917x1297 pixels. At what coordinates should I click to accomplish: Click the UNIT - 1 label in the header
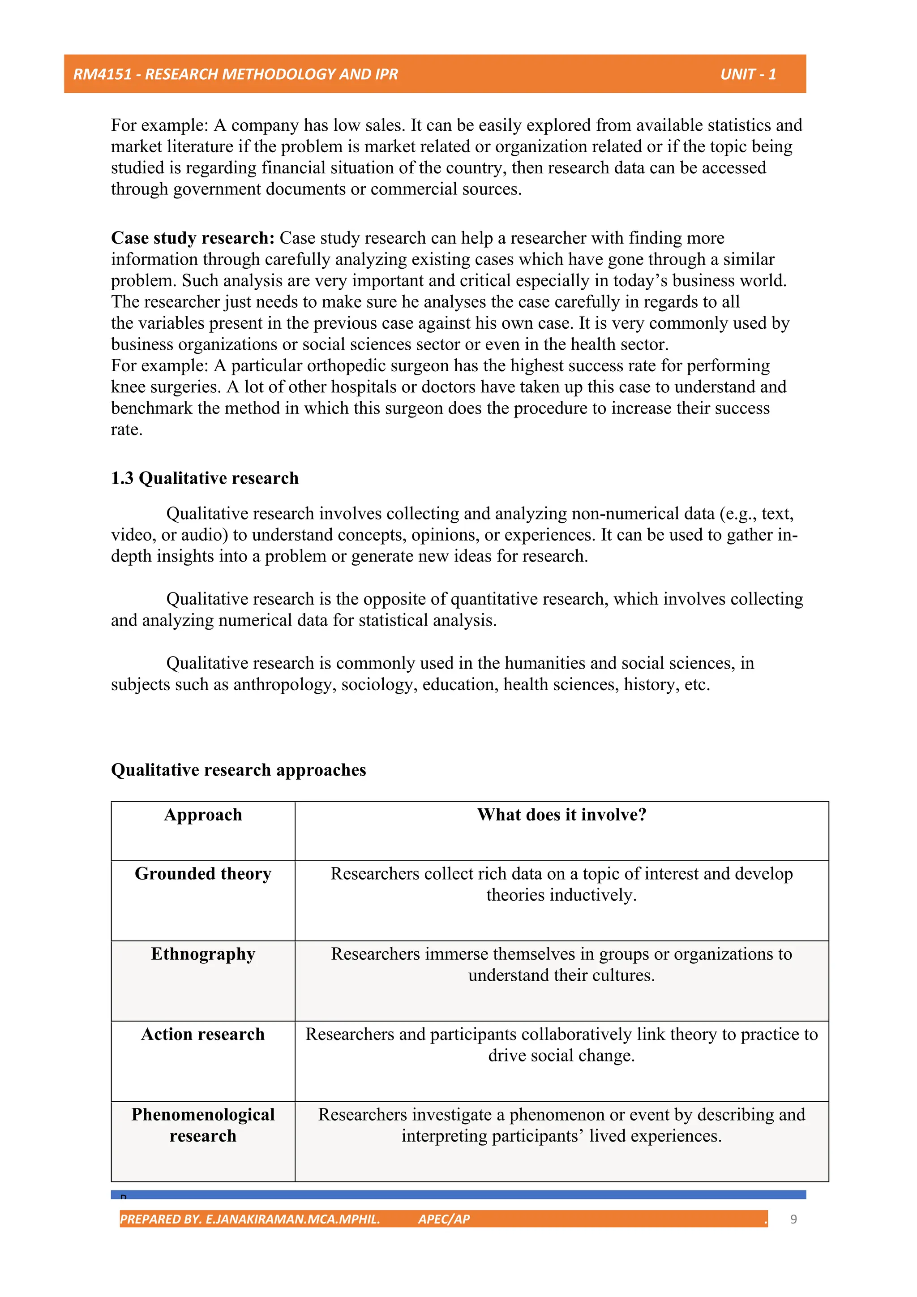tap(748, 74)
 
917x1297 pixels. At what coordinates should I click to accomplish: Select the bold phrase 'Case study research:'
tap(193, 238)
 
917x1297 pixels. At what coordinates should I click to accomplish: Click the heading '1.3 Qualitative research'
tap(205, 478)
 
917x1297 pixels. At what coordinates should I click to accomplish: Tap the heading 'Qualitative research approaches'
tap(238, 770)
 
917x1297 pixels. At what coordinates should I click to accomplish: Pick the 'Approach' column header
tap(203, 815)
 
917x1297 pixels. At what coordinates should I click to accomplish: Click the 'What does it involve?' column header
tap(561, 815)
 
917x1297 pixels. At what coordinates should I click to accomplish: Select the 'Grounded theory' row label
tap(203, 874)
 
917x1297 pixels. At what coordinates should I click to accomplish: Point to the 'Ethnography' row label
tap(203, 954)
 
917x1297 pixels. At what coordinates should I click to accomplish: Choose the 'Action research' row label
tap(203, 1034)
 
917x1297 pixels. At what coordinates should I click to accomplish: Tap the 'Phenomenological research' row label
tap(203, 1125)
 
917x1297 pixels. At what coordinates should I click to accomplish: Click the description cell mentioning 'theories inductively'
tap(561, 885)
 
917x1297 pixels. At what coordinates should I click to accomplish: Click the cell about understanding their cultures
tap(561, 965)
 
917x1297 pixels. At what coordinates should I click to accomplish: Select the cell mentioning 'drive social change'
tap(561, 1045)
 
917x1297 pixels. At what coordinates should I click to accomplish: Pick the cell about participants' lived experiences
tap(561, 1125)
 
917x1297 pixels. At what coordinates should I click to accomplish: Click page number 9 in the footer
tap(793, 1219)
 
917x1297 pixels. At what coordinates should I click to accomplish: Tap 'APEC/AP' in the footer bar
tap(444, 1219)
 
